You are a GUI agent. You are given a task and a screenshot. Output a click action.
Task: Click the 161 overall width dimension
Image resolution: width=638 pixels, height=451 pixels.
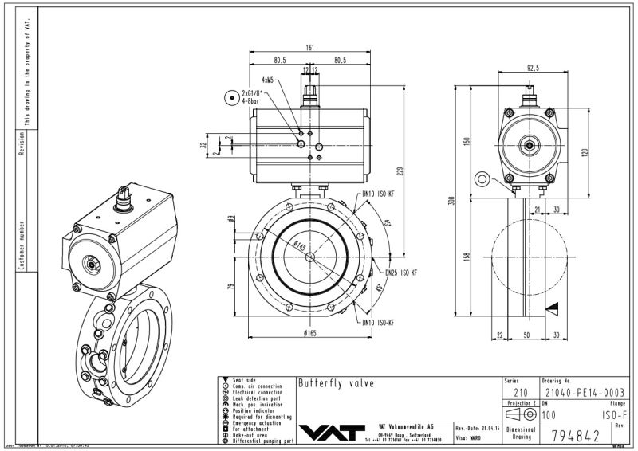pyautogui.click(x=309, y=47)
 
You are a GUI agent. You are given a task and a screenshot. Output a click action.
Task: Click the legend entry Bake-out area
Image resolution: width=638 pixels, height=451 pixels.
pyautogui.click(x=252, y=434)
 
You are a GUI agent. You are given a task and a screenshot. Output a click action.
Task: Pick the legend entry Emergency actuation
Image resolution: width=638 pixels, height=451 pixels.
pyautogui.click(x=259, y=422)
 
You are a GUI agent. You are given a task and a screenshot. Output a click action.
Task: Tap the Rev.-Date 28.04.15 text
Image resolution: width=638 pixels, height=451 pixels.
pyautogui.click(x=477, y=428)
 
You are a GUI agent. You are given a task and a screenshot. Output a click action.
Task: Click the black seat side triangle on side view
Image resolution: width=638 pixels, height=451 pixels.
pyautogui.click(x=553, y=307)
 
